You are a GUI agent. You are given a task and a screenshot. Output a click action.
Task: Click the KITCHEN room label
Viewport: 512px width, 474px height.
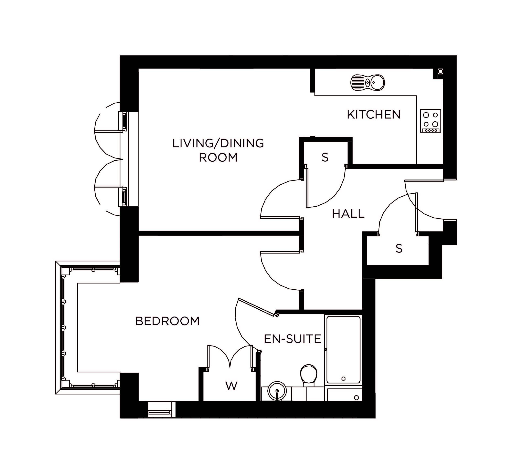[x=373, y=115]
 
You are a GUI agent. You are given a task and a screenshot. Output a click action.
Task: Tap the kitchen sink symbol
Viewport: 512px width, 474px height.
[x=367, y=83]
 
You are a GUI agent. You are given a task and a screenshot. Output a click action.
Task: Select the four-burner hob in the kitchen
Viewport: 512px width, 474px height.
[x=430, y=121]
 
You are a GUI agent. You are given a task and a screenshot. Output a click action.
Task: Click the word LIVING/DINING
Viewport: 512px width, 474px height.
[x=218, y=143]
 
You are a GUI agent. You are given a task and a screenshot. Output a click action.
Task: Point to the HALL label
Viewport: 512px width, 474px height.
[x=348, y=214]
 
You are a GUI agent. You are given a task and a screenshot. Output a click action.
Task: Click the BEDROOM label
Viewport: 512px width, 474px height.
[x=167, y=321]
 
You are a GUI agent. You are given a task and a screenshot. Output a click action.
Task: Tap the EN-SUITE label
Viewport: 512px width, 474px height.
[x=292, y=339]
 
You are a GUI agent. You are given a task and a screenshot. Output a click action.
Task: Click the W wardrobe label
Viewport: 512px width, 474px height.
[x=231, y=386]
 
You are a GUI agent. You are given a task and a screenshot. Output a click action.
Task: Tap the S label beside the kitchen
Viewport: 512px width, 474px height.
[x=325, y=157]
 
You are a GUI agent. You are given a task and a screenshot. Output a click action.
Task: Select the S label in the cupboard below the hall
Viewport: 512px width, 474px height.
[x=399, y=249]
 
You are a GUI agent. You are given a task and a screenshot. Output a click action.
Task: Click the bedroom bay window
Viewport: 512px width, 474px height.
[x=63, y=328]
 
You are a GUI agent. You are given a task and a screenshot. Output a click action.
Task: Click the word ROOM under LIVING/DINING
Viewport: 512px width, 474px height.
[x=218, y=157]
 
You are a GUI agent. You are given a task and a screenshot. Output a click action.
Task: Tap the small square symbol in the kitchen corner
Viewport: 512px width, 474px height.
[x=440, y=71]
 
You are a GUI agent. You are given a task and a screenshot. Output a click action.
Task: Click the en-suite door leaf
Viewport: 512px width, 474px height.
[x=256, y=307]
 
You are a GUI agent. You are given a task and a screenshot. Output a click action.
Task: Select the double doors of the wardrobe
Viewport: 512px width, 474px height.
[x=230, y=357]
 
